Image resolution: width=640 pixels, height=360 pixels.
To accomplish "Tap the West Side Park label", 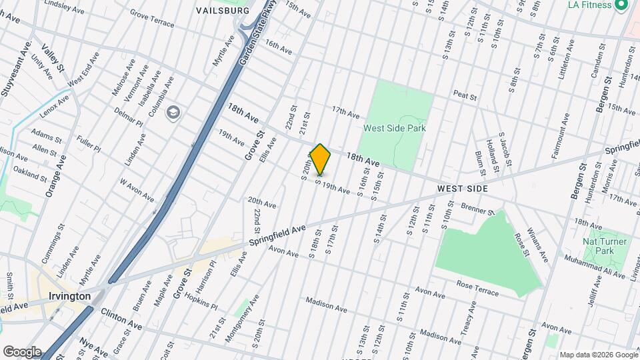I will [x=395, y=128].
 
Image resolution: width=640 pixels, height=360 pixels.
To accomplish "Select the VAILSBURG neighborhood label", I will [x=223, y=11].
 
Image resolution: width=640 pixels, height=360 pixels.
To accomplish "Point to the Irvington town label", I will [x=69, y=295].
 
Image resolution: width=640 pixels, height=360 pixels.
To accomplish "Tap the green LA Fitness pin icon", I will [x=622, y=5].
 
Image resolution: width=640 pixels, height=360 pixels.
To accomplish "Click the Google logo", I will [x=22, y=351].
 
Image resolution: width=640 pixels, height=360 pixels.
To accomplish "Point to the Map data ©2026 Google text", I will [x=597, y=354].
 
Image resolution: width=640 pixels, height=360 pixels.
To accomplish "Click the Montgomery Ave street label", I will [x=239, y=321].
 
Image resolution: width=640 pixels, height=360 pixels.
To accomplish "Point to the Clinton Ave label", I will [x=121, y=319].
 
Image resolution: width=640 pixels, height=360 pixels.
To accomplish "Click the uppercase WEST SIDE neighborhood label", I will [x=463, y=189].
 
